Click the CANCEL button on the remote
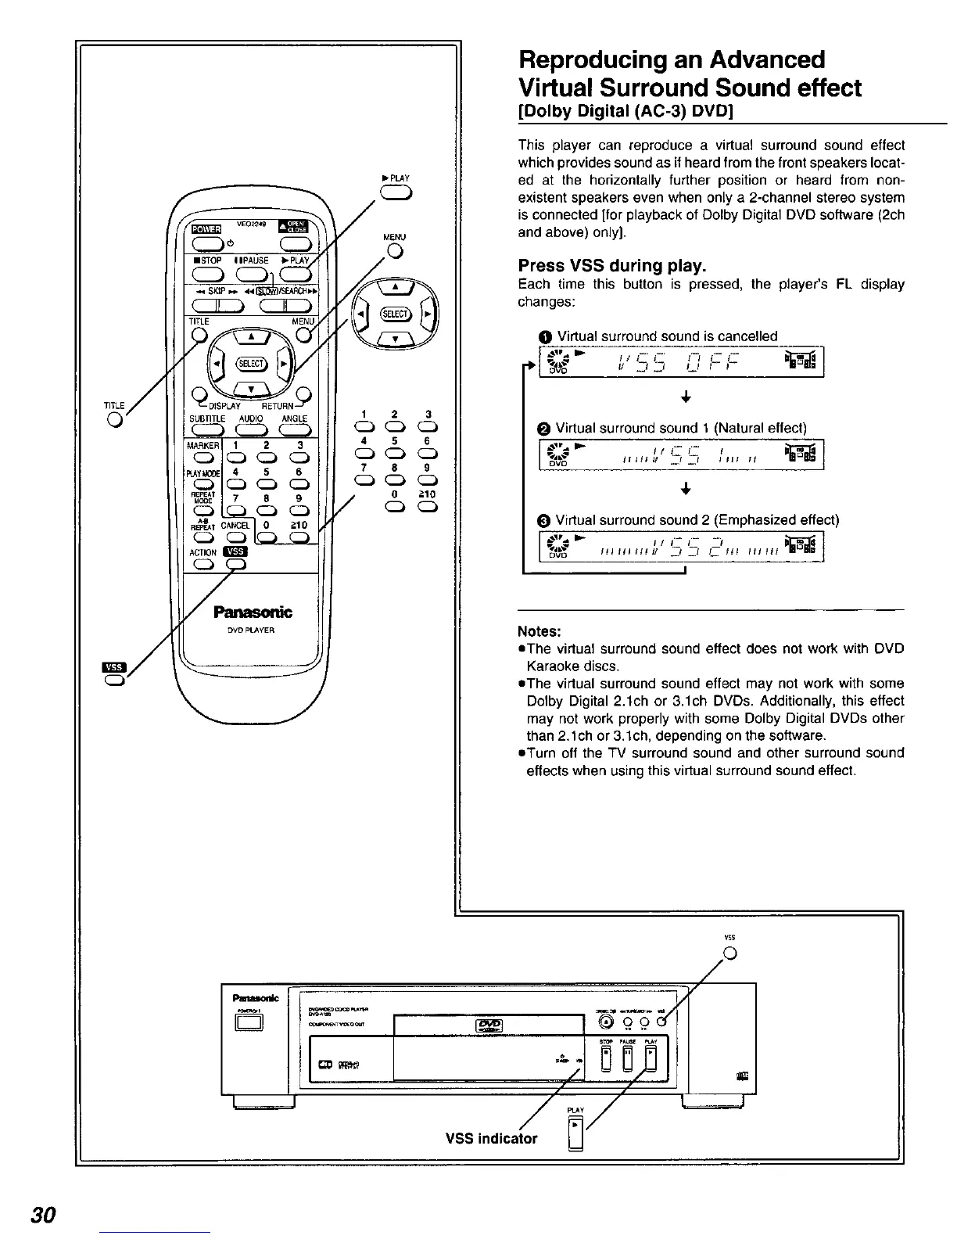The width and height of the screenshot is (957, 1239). point(235,537)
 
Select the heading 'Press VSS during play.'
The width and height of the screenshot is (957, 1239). point(612,265)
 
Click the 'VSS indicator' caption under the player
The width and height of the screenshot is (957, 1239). point(491,1138)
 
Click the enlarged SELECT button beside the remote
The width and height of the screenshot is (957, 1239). point(395,314)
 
